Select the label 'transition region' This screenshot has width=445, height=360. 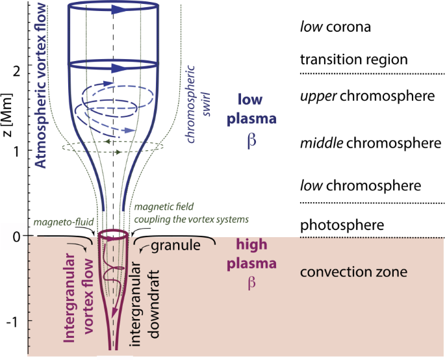click(x=353, y=60)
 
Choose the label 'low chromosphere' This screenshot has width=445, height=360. click(x=361, y=186)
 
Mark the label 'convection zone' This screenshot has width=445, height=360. click(x=353, y=272)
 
